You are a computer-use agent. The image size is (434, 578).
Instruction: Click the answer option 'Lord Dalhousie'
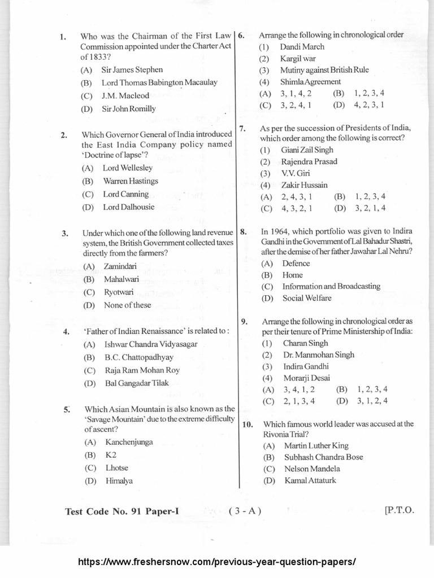point(129,207)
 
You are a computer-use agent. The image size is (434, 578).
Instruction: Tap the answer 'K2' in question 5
point(110,454)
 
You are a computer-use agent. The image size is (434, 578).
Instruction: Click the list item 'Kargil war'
point(298,59)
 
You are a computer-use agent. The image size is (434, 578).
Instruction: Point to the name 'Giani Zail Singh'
point(307,150)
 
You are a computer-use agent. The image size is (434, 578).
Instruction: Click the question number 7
point(242,129)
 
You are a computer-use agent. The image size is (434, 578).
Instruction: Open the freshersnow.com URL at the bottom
point(216,562)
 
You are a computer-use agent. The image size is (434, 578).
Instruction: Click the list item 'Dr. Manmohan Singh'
point(317,355)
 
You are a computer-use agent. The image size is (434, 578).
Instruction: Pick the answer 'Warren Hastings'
point(131,181)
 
